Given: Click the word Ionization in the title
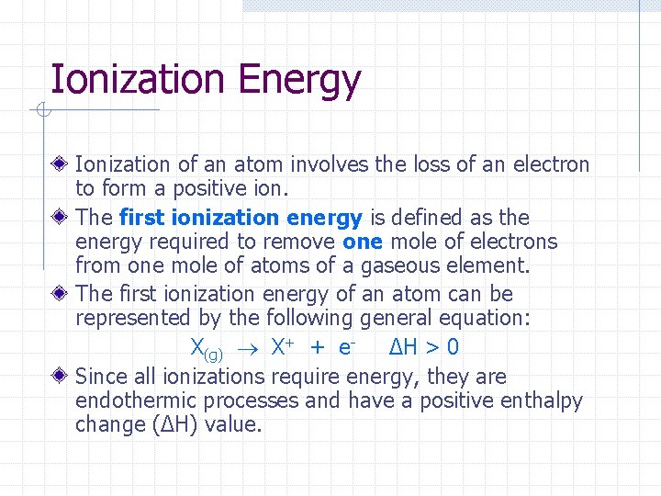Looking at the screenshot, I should [139, 80].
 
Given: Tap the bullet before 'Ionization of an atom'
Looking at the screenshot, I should [60, 165].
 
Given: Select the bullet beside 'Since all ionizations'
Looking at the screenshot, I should [60, 377].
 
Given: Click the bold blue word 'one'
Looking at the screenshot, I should [363, 242].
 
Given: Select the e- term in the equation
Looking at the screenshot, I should [346, 347].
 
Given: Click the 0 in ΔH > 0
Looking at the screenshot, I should [453, 347].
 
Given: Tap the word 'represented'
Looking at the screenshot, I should [134, 319].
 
